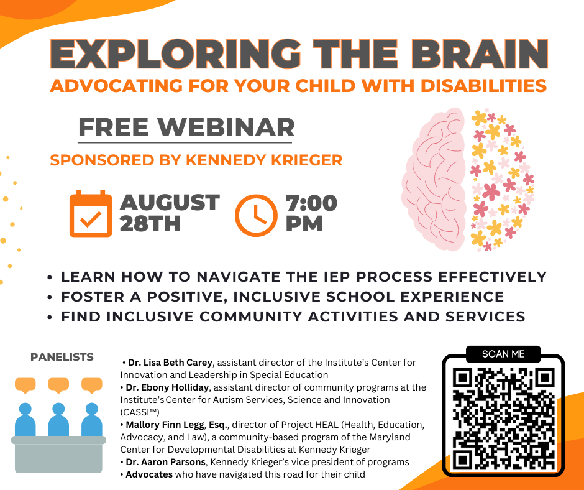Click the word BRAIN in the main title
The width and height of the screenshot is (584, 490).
(x=480, y=53)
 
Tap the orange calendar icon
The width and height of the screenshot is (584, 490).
(x=91, y=213)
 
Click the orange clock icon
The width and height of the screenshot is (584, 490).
(x=256, y=216)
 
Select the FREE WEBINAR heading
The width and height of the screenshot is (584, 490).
(x=186, y=127)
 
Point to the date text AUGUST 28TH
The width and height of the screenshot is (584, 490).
(x=170, y=213)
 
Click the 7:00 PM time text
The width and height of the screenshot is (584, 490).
(x=311, y=213)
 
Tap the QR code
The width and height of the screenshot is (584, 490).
(x=503, y=418)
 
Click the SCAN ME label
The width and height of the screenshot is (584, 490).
(x=503, y=354)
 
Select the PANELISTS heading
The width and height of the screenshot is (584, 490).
(x=62, y=357)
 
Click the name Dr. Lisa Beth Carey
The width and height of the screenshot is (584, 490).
(x=170, y=363)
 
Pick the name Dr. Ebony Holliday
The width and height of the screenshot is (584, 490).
(x=167, y=387)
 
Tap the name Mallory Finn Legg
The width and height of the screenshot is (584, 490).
(x=165, y=425)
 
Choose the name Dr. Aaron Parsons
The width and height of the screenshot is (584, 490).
(x=166, y=462)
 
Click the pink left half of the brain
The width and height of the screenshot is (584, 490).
(x=434, y=179)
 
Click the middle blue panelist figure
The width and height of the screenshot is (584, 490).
(x=58, y=420)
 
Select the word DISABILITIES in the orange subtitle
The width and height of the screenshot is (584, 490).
(x=484, y=85)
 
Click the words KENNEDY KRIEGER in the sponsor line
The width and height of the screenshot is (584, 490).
(x=264, y=160)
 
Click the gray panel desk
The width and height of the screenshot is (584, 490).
(x=58, y=454)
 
